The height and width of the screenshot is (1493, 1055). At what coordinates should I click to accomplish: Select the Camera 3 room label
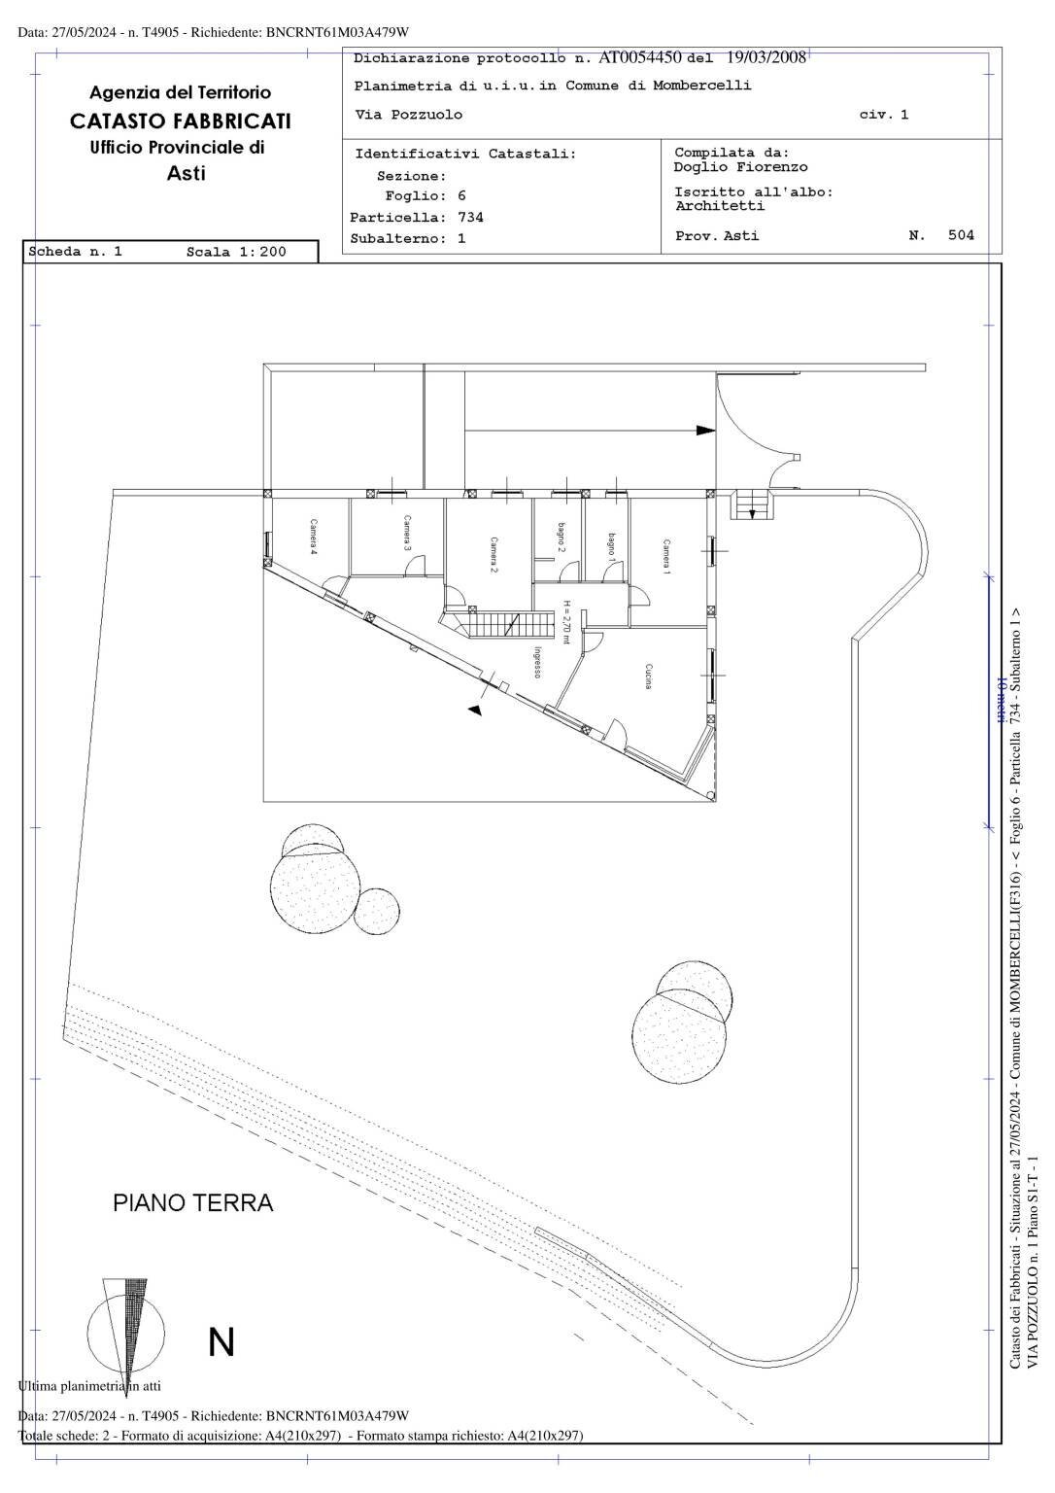tap(408, 534)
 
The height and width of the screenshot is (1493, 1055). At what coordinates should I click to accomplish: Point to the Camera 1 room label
tap(666, 557)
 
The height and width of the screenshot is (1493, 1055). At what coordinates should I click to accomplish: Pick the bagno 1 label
tap(611, 547)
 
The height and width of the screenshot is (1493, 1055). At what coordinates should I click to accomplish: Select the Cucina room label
tap(648, 677)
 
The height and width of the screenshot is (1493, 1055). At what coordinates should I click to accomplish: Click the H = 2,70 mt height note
tap(566, 623)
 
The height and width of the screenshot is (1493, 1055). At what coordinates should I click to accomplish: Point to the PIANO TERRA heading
tap(193, 1203)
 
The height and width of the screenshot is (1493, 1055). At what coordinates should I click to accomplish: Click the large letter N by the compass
tap(221, 1341)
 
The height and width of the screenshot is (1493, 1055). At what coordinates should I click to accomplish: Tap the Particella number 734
tap(470, 218)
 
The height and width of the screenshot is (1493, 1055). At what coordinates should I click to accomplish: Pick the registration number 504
tap(961, 235)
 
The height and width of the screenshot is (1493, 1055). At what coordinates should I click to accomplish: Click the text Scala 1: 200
tap(236, 252)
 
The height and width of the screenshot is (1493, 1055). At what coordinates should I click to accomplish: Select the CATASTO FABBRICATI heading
tap(181, 121)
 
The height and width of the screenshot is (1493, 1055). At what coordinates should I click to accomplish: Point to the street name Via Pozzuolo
tap(409, 115)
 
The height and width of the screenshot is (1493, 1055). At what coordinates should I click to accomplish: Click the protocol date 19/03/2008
tap(766, 57)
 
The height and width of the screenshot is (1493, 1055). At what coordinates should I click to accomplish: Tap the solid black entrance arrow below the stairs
tap(475, 711)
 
